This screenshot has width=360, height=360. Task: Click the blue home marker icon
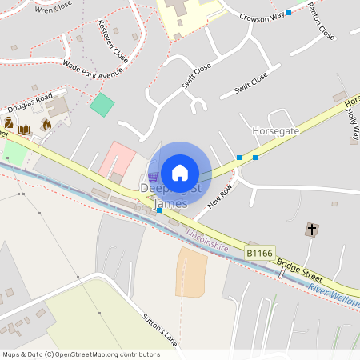pos(180,172)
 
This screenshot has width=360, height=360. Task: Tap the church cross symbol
pos(311,230)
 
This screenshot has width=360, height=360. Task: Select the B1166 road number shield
pos(260,253)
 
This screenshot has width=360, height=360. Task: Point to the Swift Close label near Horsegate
pos(251,82)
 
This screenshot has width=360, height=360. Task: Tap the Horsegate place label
pos(275,130)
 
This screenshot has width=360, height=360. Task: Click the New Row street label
pos(218,194)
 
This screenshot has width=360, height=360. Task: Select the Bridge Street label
pos(300,270)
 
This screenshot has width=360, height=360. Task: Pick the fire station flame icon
pos(46,125)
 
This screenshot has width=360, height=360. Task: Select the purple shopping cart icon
pos(153,177)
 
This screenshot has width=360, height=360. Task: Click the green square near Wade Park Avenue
pos(102,104)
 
